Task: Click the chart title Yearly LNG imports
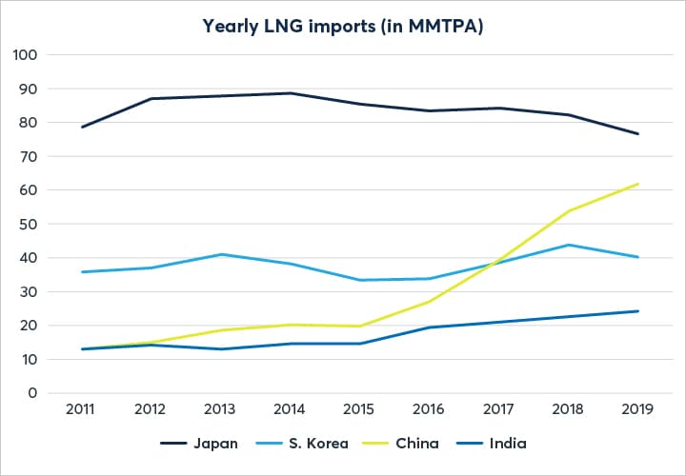click(343, 26)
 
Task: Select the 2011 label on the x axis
click(82, 409)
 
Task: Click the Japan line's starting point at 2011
click(82, 127)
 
